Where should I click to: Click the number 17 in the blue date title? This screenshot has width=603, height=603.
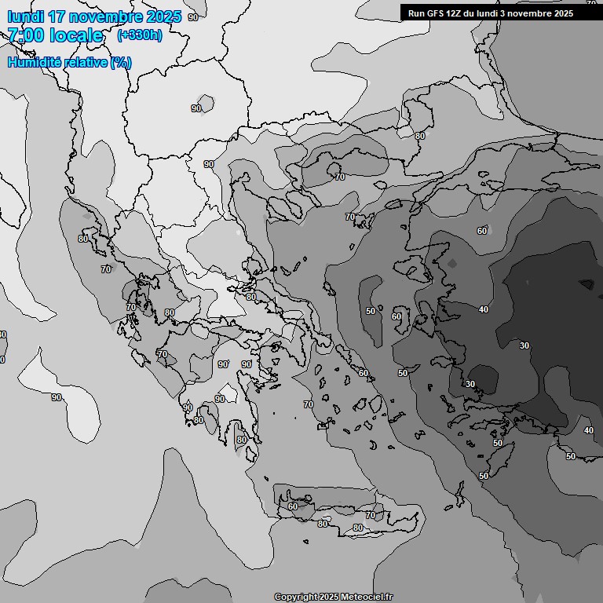[60, 16]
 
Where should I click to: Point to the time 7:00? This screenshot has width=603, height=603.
[25, 35]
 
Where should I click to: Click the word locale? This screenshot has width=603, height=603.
[76, 35]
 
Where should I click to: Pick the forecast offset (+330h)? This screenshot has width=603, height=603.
[140, 35]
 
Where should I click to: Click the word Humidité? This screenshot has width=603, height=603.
[35, 63]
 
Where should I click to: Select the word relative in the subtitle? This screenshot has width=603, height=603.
[86, 63]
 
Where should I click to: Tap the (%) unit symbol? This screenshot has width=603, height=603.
[121, 63]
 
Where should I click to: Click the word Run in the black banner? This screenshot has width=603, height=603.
[417, 13]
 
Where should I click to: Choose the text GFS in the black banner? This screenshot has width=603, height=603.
[436, 13]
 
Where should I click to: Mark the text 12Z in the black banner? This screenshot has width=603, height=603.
[455, 13]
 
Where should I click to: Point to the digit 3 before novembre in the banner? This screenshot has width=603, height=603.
[503, 13]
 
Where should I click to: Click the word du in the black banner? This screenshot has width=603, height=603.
[473, 13]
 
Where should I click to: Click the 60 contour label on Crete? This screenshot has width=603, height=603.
[292, 506]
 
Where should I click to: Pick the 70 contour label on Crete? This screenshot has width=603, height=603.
[370, 515]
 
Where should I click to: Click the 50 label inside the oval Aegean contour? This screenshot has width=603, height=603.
[370, 311]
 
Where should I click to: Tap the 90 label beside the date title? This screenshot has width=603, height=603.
[193, 16]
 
